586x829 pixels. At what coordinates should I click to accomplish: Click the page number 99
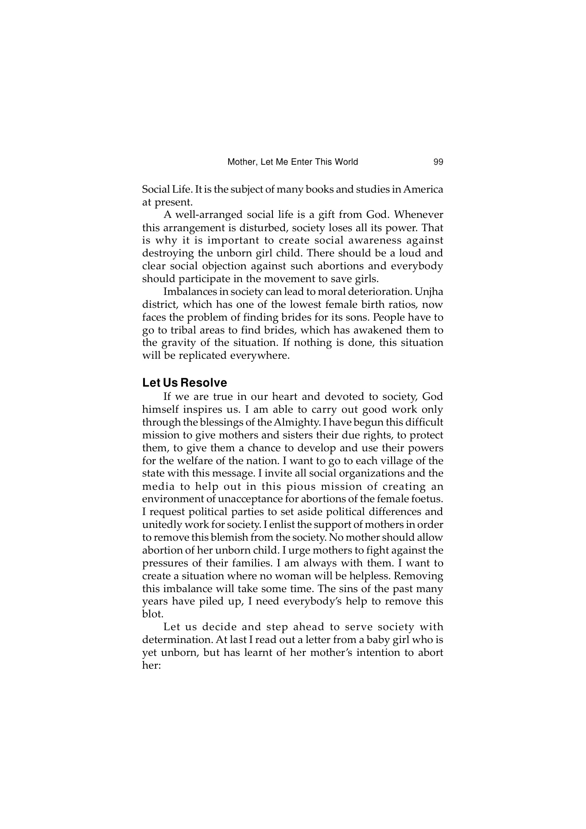click(x=438, y=162)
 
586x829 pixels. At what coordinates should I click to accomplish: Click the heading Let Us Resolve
click(x=184, y=383)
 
